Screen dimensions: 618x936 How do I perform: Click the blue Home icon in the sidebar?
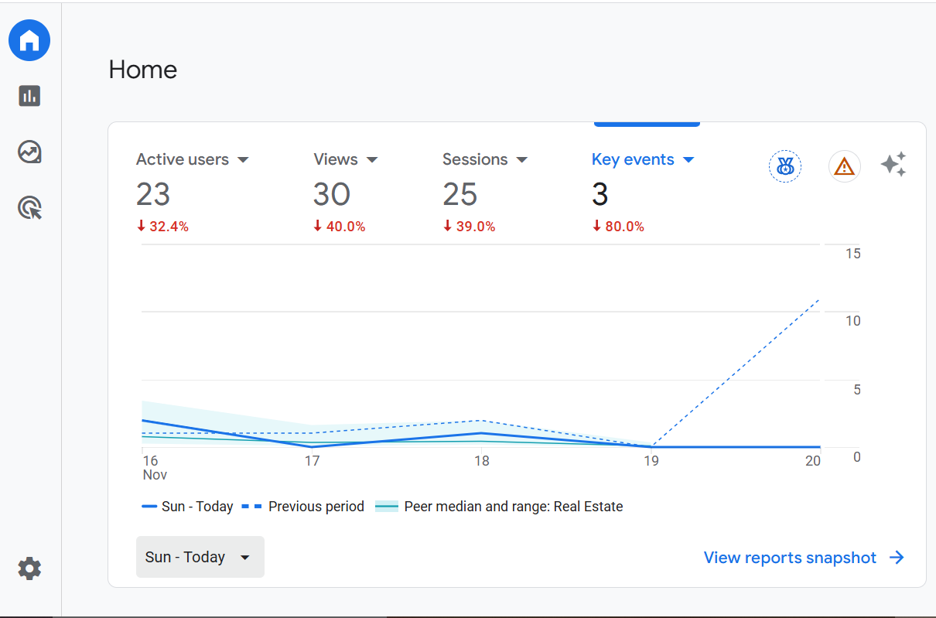[29, 40]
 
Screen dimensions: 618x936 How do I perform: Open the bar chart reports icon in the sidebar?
[29, 96]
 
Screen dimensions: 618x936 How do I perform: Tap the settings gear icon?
[29, 569]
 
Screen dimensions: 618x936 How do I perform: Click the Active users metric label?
[183, 159]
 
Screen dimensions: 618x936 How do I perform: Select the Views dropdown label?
[336, 159]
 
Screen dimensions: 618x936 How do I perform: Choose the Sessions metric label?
[475, 159]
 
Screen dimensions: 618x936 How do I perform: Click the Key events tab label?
[633, 159]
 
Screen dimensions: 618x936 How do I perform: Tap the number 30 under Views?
[332, 194]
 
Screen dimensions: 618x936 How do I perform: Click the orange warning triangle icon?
[845, 166]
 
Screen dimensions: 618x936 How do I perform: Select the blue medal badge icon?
[785, 166]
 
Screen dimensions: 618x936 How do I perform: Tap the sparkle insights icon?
[893, 165]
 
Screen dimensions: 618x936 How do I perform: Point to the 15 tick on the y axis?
[852, 254]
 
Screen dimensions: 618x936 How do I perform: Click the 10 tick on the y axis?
[852, 321]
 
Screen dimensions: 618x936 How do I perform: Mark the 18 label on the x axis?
[482, 461]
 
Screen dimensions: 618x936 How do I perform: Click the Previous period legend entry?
[316, 507]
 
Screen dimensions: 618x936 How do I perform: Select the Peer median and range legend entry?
[513, 507]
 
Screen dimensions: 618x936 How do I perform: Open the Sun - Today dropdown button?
[200, 557]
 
